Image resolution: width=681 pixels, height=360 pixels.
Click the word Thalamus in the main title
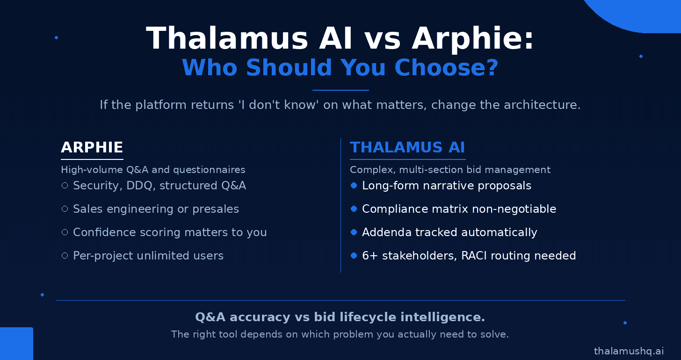(x=227, y=38)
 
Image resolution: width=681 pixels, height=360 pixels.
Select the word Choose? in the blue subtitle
(x=446, y=67)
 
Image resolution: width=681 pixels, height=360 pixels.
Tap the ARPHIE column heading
(x=92, y=147)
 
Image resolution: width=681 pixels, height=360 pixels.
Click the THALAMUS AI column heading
(x=407, y=147)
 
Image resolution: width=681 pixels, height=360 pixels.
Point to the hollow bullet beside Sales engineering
(x=65, y=209)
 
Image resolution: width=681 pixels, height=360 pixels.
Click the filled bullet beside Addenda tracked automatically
(x=354, y=232)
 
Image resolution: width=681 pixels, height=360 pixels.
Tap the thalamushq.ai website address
(x=629, y=351)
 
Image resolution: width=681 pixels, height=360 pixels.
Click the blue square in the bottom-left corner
(x=16, y=344)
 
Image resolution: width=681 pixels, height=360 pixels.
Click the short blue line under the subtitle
(x=340, y=90)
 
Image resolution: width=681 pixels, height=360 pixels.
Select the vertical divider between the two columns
(x=341, y=205)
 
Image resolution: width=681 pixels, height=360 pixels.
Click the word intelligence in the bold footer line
(x=442, y=317)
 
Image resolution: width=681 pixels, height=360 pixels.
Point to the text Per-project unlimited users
(x=148, y=256)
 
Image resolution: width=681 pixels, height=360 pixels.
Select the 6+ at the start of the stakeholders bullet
(x=369, y=256)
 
